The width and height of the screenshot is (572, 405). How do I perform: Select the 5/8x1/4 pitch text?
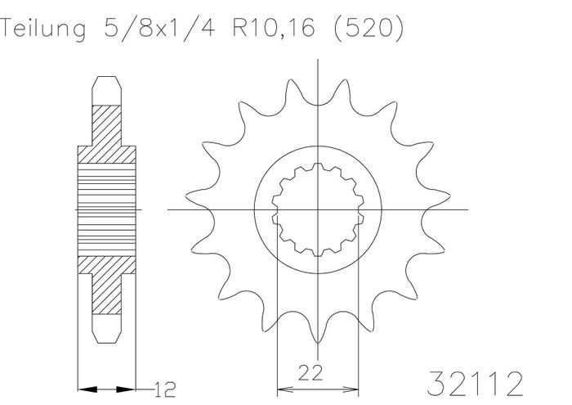(160, 28)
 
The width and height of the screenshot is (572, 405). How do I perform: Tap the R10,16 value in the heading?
(274, 29)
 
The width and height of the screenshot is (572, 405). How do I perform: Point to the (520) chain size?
(369, 29)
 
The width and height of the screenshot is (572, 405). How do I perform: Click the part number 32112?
(475, 384)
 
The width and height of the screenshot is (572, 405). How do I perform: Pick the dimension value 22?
(311, 372)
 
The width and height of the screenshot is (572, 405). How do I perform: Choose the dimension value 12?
(165, 389)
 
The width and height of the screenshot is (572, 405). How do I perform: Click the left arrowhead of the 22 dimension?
(284, 389)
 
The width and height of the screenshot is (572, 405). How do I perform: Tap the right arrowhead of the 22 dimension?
(351, 389)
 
